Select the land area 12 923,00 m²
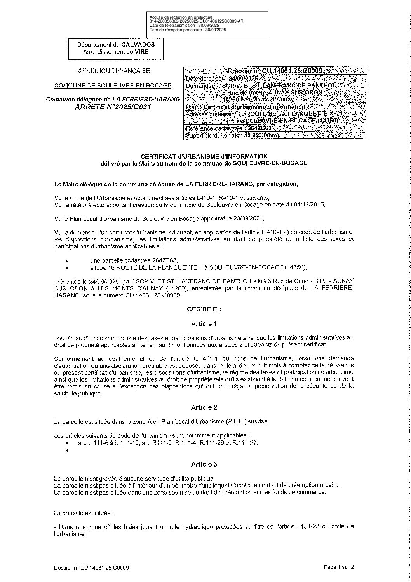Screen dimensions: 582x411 coord(262,136)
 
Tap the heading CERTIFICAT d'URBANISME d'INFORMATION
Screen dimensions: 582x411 coord(204,156)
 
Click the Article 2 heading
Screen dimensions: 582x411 coord(204,407)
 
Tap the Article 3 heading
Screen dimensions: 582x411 coord(204,464)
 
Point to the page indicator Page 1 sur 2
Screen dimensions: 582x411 coord(339,567)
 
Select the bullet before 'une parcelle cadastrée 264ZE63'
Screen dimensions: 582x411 coord(68,260)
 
